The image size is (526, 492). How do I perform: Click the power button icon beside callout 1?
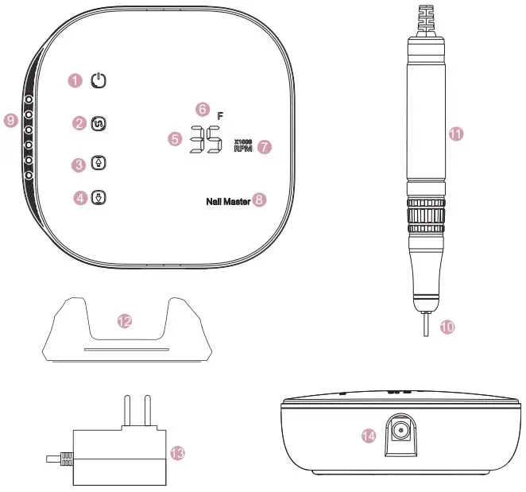[x=98, y=80]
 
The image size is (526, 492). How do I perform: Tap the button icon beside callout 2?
[x=99, y=123]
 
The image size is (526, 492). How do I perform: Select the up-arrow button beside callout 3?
[x=99, y=163]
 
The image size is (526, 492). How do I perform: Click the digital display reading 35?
[x=206, y=140]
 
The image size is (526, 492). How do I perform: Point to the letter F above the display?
[x=221, y=116]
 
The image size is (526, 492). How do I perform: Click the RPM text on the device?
[x=242, y=148]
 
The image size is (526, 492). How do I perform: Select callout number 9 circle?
[x=10, y=120]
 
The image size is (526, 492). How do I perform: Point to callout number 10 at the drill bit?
[x=448, y=326]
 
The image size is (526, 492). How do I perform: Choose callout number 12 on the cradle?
[x=124, y=320]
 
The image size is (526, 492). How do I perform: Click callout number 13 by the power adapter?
[x=178, y=452]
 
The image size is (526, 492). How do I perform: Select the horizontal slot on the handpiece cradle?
[x=126, y=348]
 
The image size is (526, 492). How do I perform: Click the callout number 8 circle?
[x=259, y=201]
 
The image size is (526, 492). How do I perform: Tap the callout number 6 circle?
[x=202, y=108]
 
